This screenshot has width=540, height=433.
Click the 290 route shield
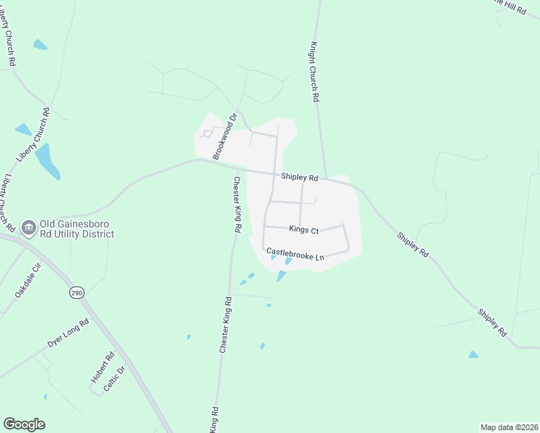[x=76, y=292]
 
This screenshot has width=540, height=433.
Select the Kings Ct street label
[x=303, y=229]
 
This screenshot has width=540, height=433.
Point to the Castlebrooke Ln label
[x=295, y=254]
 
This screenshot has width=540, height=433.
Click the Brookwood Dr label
[x=225, y=136]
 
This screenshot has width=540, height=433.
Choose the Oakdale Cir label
[x=29, y=281]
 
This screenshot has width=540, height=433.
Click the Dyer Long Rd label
[x=69, y=333]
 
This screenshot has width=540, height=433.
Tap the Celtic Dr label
[x=115, y=379]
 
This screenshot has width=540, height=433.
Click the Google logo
[x=24, y=424]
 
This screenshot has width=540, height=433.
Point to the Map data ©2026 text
[x=508, y=427]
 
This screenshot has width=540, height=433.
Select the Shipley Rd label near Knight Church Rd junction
[x=300, y=177]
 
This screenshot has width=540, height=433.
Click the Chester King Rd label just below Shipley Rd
[x=236, y=204]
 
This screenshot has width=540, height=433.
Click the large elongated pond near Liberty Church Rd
[x=48, y=161]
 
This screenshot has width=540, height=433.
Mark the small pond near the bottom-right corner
[x=473, y=354]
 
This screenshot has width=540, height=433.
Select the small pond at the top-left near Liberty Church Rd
[x=40, y=45]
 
